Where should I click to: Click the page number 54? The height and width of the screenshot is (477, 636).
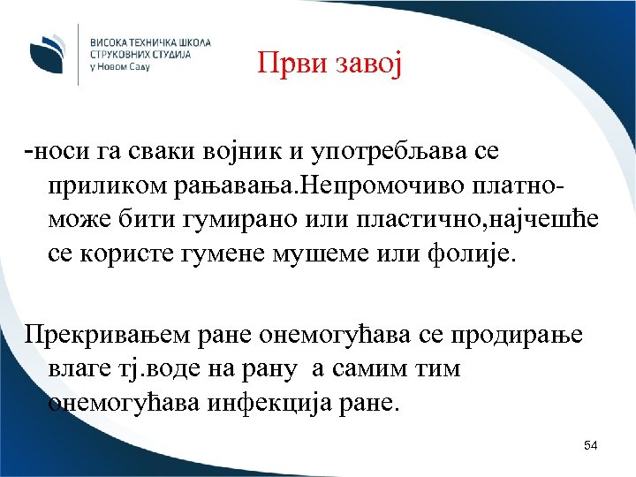tap(591, 445)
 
